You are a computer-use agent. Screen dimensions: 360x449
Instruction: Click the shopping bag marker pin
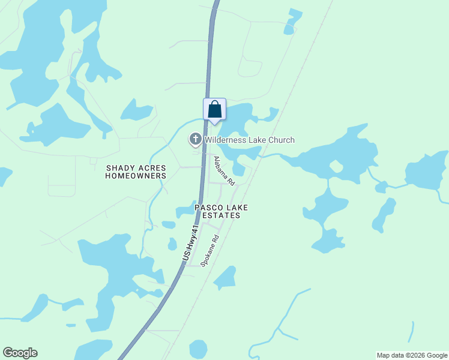tap(215, 110)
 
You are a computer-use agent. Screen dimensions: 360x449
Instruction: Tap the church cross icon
tap(196, 140)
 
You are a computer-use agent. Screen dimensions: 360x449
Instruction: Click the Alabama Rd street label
tap(224, 170)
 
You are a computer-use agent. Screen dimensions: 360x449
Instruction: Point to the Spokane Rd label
tap(211, 250)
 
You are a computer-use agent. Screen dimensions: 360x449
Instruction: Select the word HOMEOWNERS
tap(136, 176)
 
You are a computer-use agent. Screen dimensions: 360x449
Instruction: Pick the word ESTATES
tap(221, 215)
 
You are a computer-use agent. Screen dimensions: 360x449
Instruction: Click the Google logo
tap(20, 353)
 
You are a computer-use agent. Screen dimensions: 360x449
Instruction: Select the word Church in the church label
tap(282, 140)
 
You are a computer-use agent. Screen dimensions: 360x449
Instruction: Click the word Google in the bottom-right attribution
tap(434, 355)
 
